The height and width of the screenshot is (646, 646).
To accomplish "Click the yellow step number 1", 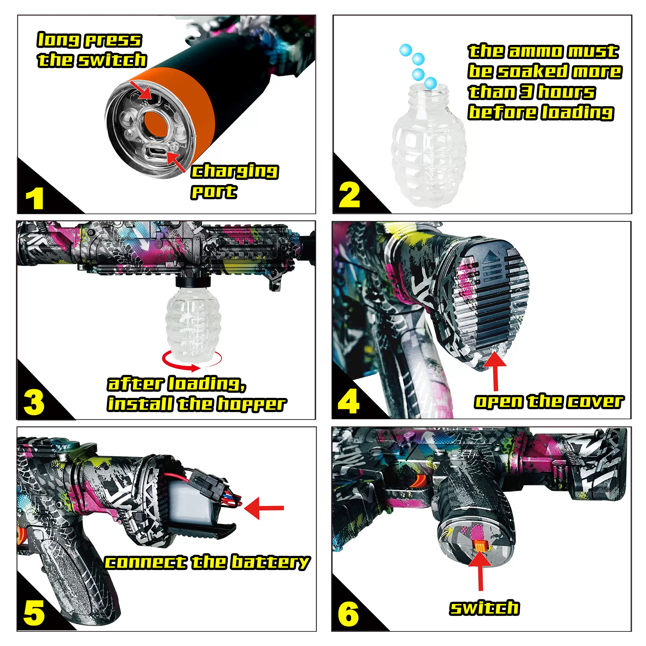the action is [35, 198].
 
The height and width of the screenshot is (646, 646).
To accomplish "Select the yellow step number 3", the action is [34, 402].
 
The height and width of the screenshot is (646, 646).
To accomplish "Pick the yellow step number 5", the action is [34, 613].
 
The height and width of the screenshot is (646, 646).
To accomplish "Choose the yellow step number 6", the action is [349, 614].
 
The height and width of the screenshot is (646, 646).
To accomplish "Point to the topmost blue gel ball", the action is [406, 50].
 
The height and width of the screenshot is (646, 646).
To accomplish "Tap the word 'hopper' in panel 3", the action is [252, 405].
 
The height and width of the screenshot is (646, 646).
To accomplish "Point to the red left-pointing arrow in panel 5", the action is [264, 508].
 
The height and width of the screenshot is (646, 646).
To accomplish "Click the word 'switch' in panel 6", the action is [484, 608].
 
